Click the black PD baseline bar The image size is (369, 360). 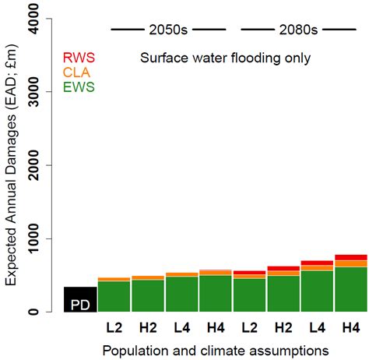click(80, 300)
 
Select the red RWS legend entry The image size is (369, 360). click(79, 57)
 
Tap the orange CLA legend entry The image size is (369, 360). click(78, 72)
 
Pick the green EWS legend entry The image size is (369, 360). click(79, 86)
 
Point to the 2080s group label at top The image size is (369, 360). click(299, 30)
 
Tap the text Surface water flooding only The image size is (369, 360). click(226, 58)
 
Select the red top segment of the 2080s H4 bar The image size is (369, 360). click(351, 257)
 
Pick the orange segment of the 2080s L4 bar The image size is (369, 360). click(317, 268)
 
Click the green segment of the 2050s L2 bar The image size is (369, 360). click(114, 297)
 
